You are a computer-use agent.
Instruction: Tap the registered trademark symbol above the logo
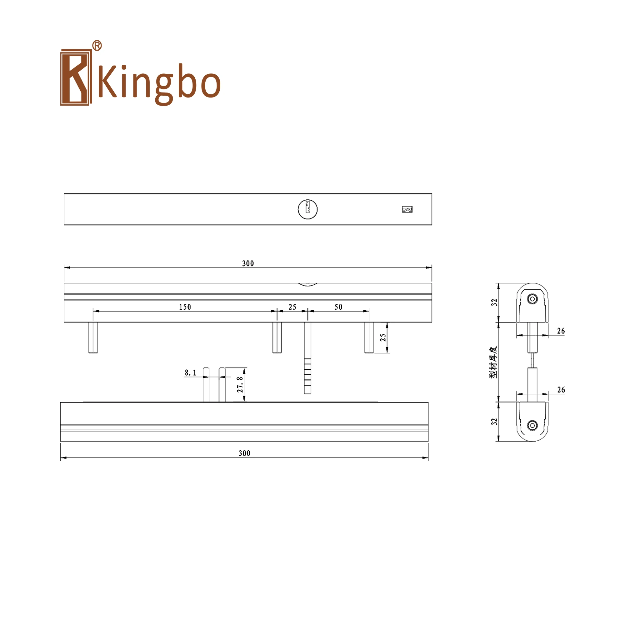tap(97, 46)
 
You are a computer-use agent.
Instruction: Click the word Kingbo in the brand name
tap(159, 83)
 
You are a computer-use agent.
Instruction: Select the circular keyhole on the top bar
tap(307, 209)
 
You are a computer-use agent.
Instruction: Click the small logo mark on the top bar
tap(407, 209)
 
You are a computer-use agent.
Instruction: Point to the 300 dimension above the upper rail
tap(248, 263)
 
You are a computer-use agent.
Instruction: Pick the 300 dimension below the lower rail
tap(244, 453)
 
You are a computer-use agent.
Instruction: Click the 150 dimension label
tap(185, 307)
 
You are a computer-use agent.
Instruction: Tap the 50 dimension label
tap(338, 307)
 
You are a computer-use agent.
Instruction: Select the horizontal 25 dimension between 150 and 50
tap(292, 307)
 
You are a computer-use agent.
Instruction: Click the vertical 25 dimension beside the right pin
tap(383, 337)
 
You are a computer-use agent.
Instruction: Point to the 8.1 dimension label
tap(191, 373)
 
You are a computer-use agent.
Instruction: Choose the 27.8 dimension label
tap(240, 384)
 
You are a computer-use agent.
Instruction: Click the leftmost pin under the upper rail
tap(93, 337)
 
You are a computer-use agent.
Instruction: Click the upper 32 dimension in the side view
tap(494, 302)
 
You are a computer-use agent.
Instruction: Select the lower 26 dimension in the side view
tap(561, 389)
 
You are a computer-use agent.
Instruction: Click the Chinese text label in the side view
tap(493, 362)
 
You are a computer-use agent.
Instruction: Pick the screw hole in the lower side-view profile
tap(532, 425)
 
